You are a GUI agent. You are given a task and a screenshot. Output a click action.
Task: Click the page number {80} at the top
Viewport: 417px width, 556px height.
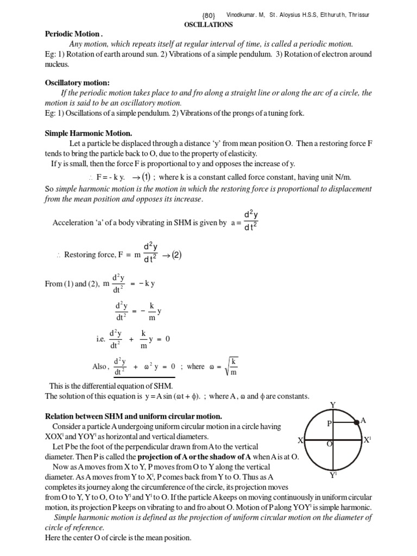(209, 15)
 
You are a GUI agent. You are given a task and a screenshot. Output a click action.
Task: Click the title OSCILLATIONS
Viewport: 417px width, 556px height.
(209, 24)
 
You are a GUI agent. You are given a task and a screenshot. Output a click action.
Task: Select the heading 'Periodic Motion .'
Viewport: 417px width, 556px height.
(73, 34)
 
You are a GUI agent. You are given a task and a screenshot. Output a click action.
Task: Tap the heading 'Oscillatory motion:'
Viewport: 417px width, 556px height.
(77, 83)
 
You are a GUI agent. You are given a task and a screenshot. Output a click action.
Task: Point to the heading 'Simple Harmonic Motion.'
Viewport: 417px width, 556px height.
(89, 133)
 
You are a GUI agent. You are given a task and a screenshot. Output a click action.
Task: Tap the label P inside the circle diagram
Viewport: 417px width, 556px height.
(328, 424)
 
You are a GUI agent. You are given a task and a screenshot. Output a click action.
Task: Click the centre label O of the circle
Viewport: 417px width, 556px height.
(329, 444)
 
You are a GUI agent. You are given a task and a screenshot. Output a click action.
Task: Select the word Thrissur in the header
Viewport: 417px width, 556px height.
(356, 15)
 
